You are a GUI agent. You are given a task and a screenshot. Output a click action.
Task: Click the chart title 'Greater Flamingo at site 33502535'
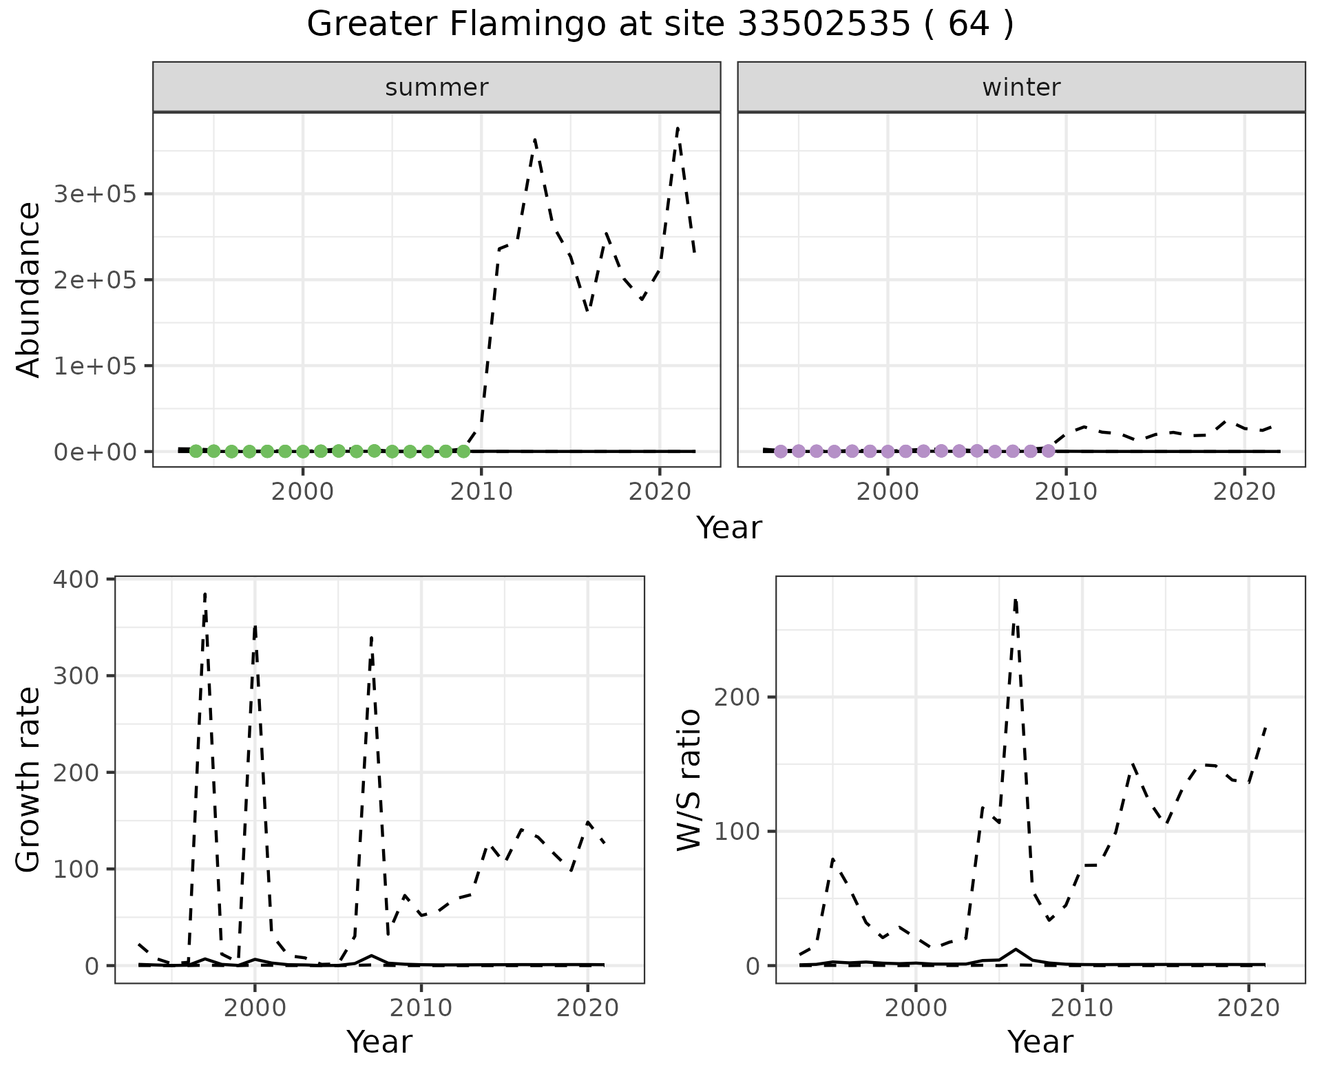(x=660, y=25)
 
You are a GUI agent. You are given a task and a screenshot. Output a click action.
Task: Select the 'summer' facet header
(x=437, y=87)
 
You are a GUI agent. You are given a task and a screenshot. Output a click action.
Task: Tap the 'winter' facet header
(x=1021, y=87)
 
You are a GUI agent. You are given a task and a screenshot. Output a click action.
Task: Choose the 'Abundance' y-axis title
(x=29, y=290)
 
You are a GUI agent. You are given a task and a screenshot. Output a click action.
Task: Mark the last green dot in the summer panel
(x=463, y=452)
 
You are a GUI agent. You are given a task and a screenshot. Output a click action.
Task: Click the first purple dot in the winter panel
(x=781, y=452)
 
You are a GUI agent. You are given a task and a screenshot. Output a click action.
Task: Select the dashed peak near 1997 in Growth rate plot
(x=205, y=593)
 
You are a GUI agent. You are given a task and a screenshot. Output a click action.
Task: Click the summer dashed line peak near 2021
(x=678, y=127)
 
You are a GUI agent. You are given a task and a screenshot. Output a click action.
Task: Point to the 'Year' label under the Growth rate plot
(x=379, y=1042)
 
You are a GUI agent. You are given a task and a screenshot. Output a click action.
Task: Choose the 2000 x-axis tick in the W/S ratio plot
(x=916, y=1009)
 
